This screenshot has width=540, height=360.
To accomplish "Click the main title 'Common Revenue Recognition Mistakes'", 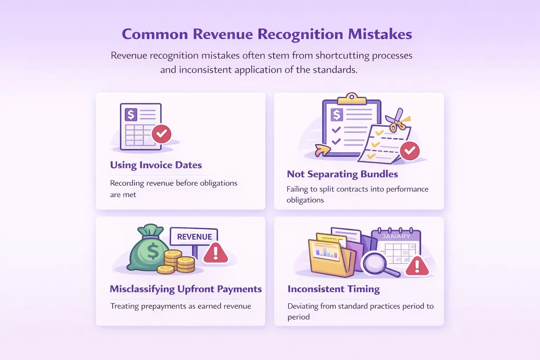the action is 267,34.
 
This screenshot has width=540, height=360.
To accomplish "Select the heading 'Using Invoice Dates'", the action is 156,165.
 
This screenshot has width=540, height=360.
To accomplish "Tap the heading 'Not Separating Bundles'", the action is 342,174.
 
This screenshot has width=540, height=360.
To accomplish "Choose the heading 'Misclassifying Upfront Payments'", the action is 186,289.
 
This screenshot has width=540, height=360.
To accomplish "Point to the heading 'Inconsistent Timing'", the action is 333,289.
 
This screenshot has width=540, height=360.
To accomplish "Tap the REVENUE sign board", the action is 194,237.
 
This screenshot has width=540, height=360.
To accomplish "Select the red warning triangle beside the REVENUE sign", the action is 216,253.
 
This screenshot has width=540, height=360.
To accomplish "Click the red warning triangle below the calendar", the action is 417,266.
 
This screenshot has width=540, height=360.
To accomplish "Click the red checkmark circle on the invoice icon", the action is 161,134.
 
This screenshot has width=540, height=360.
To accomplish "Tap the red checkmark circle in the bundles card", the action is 410,150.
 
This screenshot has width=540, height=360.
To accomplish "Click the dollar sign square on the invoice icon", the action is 131,114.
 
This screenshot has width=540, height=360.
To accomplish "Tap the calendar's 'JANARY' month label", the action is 396,236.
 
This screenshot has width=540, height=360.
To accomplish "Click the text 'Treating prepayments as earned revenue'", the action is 181,306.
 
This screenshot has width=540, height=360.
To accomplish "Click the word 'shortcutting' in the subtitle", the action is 343,56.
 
